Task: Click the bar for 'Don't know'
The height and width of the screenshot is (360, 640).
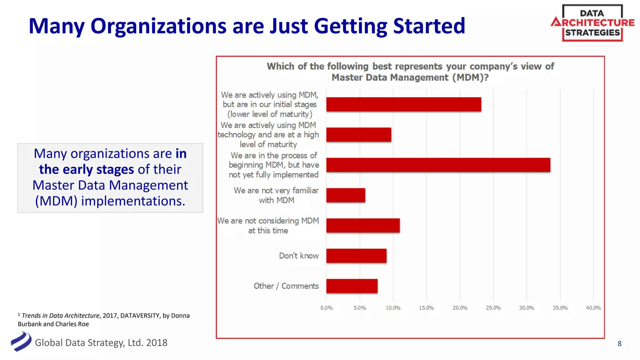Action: pos(356,256)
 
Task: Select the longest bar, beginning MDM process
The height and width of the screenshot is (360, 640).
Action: pos(438,165)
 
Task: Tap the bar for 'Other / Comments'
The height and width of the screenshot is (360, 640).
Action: pos(352,286)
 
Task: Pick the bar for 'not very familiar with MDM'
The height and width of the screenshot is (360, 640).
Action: pos(346,195)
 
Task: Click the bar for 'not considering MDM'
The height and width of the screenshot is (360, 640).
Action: pos(363,225)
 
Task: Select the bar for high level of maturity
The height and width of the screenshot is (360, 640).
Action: pos(358,135)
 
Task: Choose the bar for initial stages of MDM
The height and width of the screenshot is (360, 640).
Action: pos(403,104)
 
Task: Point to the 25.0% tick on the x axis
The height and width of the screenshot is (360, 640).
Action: pos(493,308)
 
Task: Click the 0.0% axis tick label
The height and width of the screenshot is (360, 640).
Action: pos(326,308)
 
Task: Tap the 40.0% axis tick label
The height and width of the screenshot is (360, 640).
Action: pos(593,308)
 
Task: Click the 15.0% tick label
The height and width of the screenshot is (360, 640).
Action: pos(426,308)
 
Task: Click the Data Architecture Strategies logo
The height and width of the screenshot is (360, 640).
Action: pos(592,23)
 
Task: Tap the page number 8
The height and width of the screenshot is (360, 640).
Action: pos(619,343)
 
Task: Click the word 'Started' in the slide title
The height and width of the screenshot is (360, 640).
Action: pos(429,26)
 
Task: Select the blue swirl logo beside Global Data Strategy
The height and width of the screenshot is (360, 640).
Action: pos(21,342)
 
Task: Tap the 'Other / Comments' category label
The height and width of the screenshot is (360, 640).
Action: pos(286,286)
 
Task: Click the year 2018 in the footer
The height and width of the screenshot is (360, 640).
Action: pos(157,343)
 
